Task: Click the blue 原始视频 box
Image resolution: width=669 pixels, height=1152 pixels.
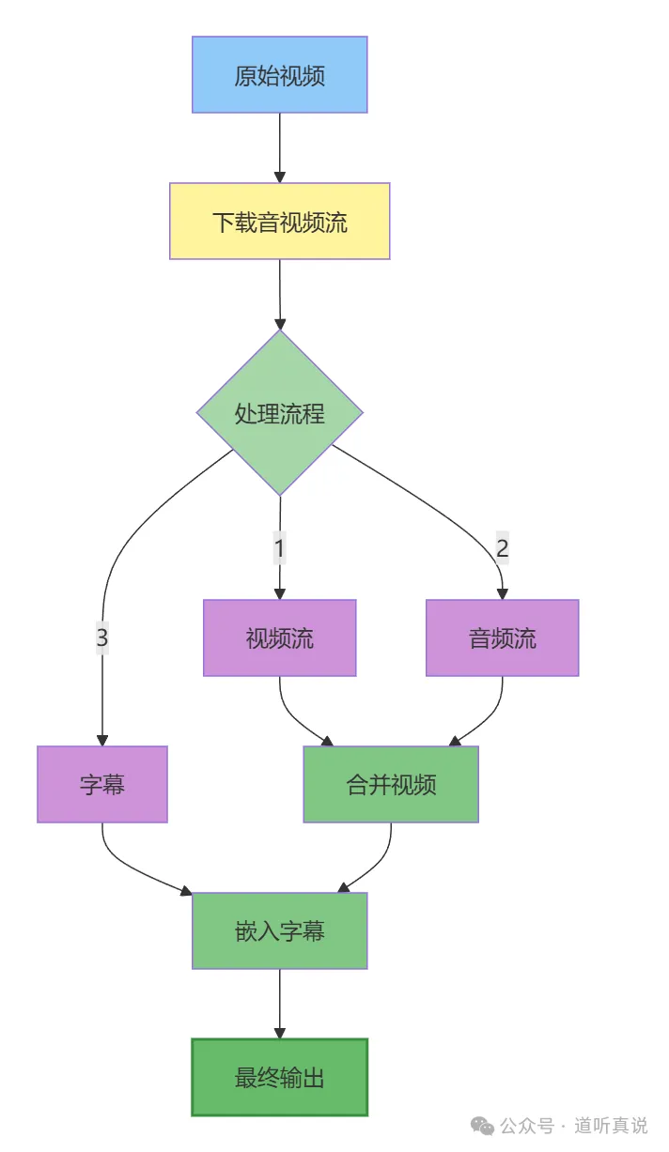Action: (x=279, y=75)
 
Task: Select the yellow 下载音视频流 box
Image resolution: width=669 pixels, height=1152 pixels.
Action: (x=279, y=222)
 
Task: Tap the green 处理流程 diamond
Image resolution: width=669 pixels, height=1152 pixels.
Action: (x=279, y=412)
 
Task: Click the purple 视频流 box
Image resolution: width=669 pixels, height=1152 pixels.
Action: (x=279, y=638)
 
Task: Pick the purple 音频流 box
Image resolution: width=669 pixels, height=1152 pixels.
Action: (x=502, y=638)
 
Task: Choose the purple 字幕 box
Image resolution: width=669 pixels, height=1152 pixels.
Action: (x=102, y=785)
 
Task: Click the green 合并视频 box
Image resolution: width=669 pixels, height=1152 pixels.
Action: (x=391, y=785)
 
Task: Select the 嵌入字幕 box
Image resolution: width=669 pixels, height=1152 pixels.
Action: (x=279, y=931)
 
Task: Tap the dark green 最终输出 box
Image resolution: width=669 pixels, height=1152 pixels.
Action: (x=279, y=1078)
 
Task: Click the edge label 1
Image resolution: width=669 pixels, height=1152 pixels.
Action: (x=279, y=546)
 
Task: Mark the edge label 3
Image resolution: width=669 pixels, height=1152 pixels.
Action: (x=102, y=638)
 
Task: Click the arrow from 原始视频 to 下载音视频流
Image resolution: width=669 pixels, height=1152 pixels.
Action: (x=279, y=146)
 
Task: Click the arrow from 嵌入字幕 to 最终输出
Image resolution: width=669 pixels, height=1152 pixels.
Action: (x=279, y=1003)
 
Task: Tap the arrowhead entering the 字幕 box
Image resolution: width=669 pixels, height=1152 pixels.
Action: (x=102, y=740)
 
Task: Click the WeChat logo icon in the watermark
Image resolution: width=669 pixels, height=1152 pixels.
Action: (x=481, y=1125)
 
